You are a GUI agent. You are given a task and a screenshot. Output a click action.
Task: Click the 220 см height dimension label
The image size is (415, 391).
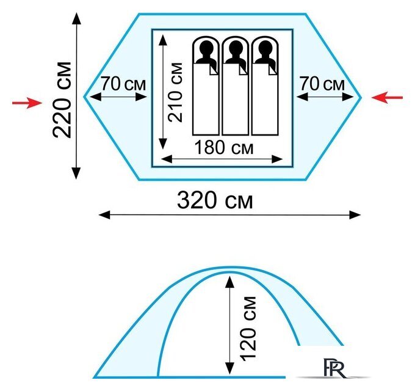tap(62, 100)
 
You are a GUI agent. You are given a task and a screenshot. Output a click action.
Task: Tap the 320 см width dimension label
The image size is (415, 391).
tap(215, 200)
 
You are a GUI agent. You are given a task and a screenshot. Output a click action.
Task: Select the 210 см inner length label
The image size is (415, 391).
tap(176, 92)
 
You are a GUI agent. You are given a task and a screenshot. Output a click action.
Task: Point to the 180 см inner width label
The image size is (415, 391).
tap(224, 148)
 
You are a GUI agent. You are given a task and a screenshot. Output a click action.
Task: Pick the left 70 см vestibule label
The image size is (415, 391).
tap(123, 84)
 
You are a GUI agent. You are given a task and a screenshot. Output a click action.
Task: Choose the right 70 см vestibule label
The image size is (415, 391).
tap(322, 84)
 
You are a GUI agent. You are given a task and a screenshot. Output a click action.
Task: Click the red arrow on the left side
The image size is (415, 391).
tap(27, 103)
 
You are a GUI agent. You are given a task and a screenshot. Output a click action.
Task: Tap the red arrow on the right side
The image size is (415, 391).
tap(387, 98)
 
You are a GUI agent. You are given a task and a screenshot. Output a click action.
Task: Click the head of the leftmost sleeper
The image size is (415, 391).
tap(207, 48)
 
